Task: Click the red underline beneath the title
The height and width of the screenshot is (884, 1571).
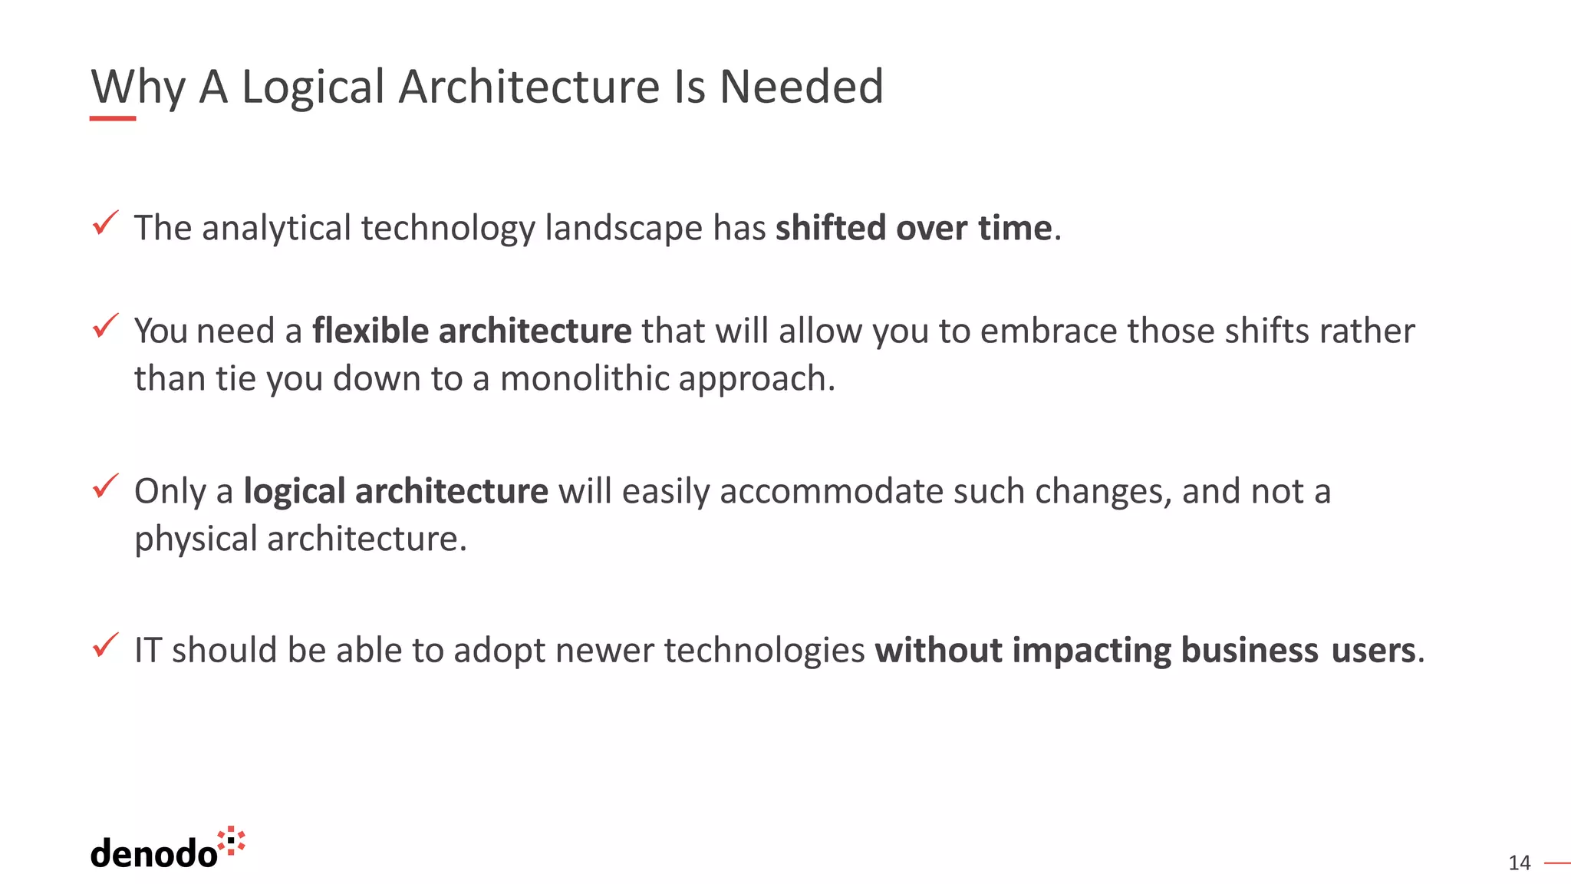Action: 113,118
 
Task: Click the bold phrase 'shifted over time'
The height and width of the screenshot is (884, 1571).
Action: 913,228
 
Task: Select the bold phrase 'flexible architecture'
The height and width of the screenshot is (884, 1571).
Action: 472,331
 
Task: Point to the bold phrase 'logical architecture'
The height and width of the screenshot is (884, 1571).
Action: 396,491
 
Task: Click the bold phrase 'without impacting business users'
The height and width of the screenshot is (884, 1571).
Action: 1144,650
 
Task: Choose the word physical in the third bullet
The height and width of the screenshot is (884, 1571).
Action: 196,539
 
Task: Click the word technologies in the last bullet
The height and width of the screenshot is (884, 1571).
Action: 764,650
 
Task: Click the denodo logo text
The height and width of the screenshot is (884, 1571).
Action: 153,853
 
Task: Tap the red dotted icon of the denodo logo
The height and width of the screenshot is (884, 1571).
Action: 231,841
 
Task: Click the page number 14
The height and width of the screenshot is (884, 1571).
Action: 1519,863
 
